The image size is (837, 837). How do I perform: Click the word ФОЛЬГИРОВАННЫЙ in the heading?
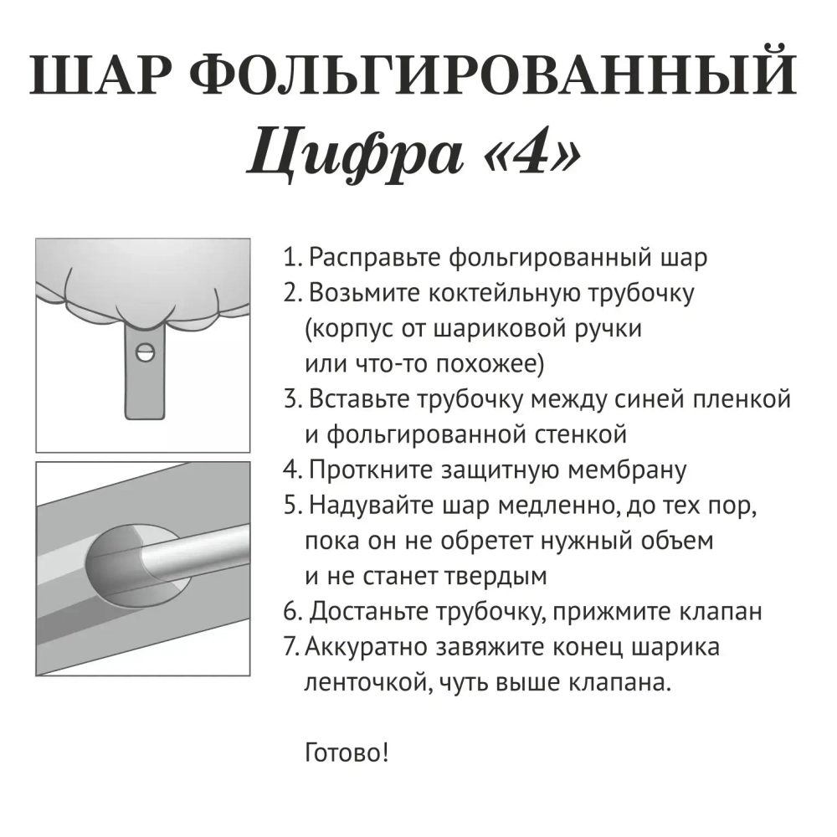pos(500,77)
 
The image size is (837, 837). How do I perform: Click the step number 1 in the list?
pos(290,257)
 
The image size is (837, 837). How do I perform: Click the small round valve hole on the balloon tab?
pos(146,352)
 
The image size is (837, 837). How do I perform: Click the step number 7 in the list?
pos(290,648)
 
